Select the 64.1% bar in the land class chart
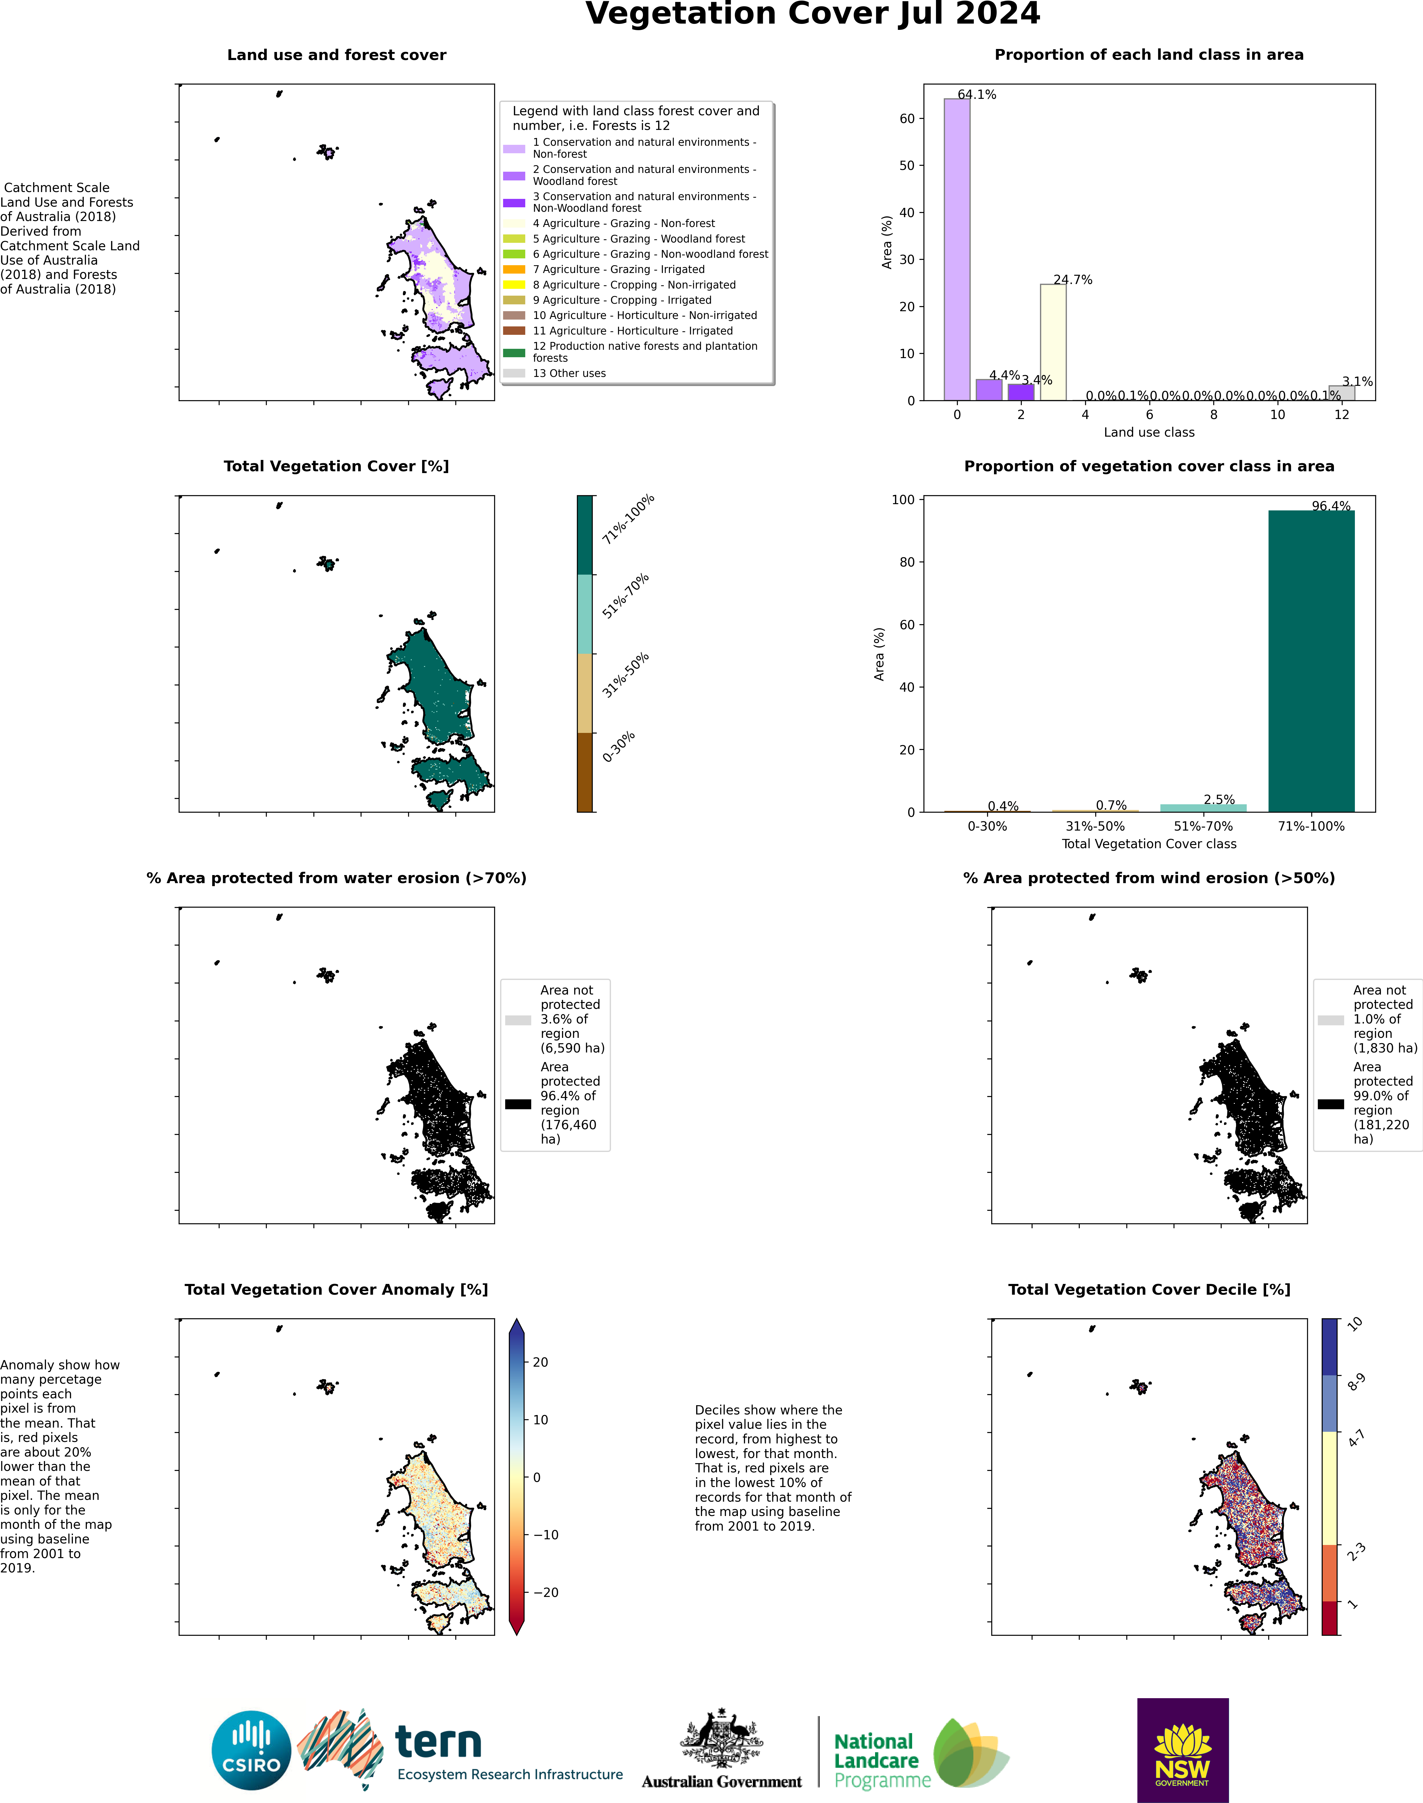pyautogui.click(x=956, y=250)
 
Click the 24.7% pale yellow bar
pyautogui.click(x=1053, y=341)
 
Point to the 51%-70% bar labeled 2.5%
pyautogui.click(x=1203, y=808)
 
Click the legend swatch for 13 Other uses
pyautogui.click(x=514, y=373)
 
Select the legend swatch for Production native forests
pyautogui.click(x=514, y=352)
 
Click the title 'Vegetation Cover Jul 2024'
pyautogui.click(x=812, y=14)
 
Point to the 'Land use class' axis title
pyautogui.click(x=1149, y=432)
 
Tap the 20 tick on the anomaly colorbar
pyautogui.click(x=540, y=1362)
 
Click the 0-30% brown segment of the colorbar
pyautogui.click(x=585, y=772)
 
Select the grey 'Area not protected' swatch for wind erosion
pyautogui.click(x=1330, y=1020)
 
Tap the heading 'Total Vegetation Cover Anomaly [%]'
pyautogui.click(x=336, y=1289)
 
